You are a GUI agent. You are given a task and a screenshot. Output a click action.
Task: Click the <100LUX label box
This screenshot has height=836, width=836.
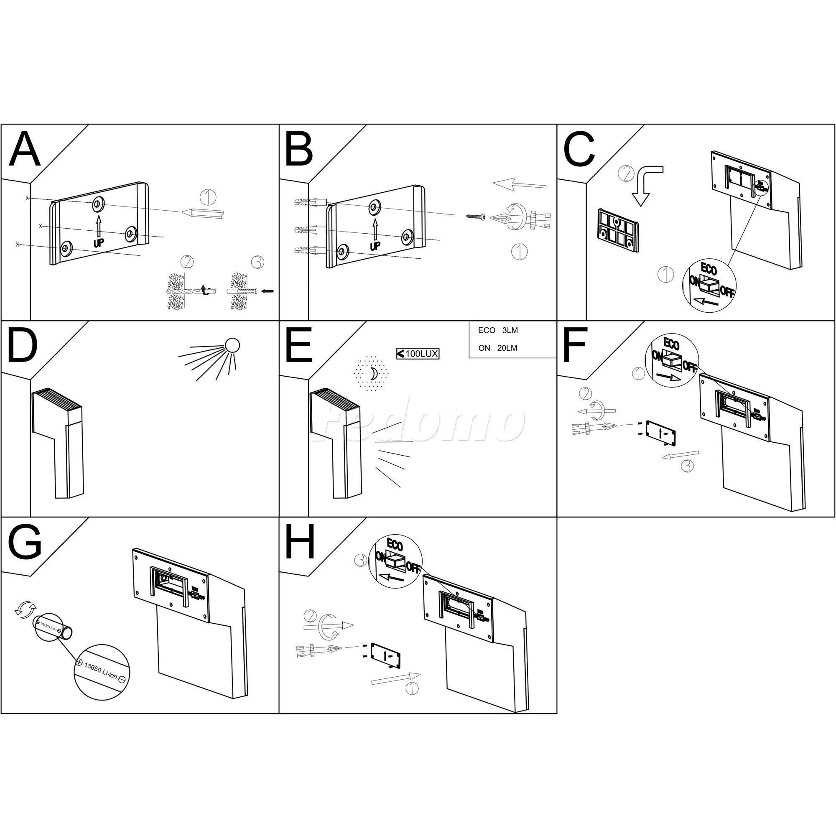point(418,354)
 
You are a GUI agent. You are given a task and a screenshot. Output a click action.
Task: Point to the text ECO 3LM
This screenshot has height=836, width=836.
point(497,331)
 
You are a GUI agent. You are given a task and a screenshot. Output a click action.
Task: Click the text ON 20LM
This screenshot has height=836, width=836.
point(497,348)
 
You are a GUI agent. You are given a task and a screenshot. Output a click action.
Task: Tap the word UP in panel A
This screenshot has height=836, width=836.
point(99,243)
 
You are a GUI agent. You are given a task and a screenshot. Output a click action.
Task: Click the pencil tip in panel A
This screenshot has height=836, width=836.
point(184,212)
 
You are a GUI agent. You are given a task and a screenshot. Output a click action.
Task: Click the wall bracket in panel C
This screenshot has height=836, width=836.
point(617,230)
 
